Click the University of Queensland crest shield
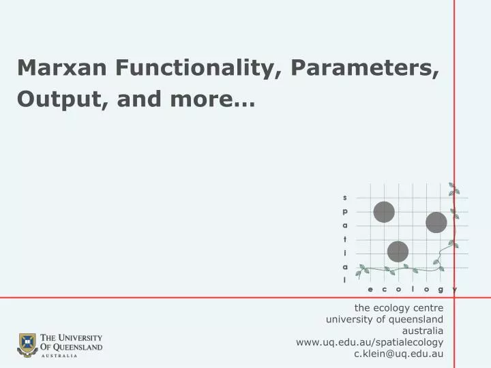tap(27, 345)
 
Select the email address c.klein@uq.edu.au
tap(399, 354)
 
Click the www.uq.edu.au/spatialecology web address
tap(370, 342)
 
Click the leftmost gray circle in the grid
tap(384, 212)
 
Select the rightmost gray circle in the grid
tap(436, 222)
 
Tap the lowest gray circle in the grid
tap(398, 251)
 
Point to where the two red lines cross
tap(454, 298)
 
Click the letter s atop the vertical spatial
tap(345, 198)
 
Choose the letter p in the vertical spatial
tap(345, 211)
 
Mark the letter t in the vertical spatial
tap(345, 239)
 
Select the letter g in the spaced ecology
tap(441, 290)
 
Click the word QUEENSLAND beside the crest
tap(77, 347)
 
